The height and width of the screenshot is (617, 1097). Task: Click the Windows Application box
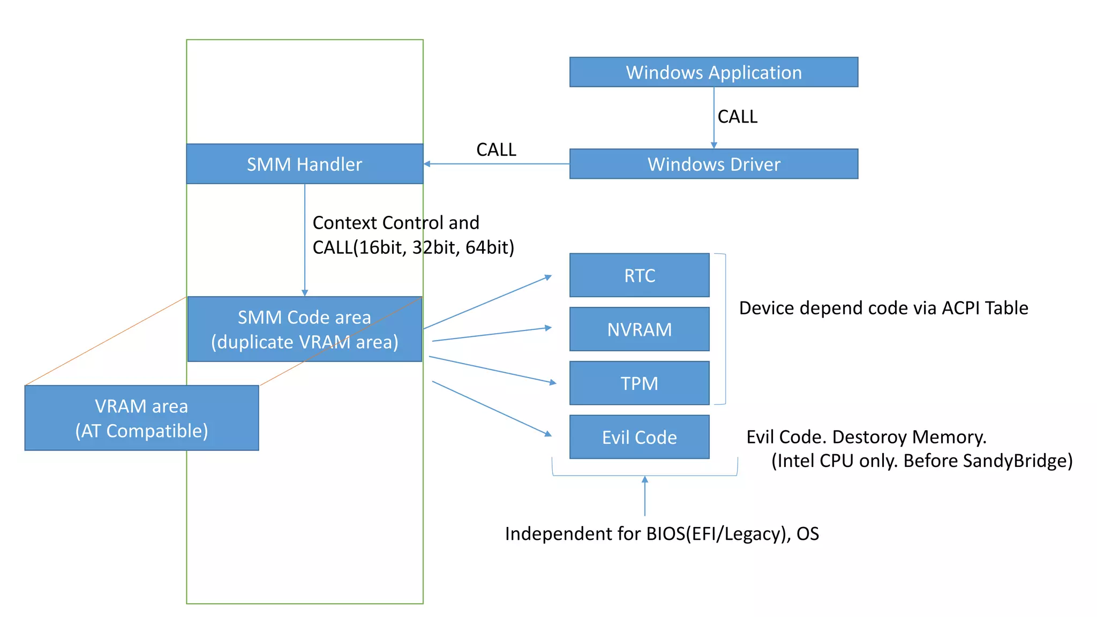[x=713, y=72]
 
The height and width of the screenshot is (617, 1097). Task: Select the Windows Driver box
[x=713, y=164]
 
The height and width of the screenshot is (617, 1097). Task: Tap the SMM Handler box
[x=304, y=164]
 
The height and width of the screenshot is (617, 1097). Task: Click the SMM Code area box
[x=304, y=329]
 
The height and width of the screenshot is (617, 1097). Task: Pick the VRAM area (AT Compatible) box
[x=141, y=418]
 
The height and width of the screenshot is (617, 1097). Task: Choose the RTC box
[x=639, y=275]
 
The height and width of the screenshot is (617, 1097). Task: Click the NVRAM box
[x=639, y=329]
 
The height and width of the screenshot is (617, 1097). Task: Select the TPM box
[x=639, y=383]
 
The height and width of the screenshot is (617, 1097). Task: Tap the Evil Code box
[x=639, y=437]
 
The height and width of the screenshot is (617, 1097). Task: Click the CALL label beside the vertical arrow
[x=737, y=117]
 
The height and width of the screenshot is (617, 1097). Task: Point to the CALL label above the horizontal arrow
[x=496, y=149]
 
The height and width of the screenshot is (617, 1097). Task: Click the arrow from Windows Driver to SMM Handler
[x=496, y=164]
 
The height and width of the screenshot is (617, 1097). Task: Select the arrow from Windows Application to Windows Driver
[x=713, y=118]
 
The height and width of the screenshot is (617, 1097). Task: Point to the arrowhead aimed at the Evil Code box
[x=548, y=434]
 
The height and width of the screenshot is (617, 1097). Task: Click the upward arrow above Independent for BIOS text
[x=645, y=496]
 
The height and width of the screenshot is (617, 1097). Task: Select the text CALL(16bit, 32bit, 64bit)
[x=413, y=247]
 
